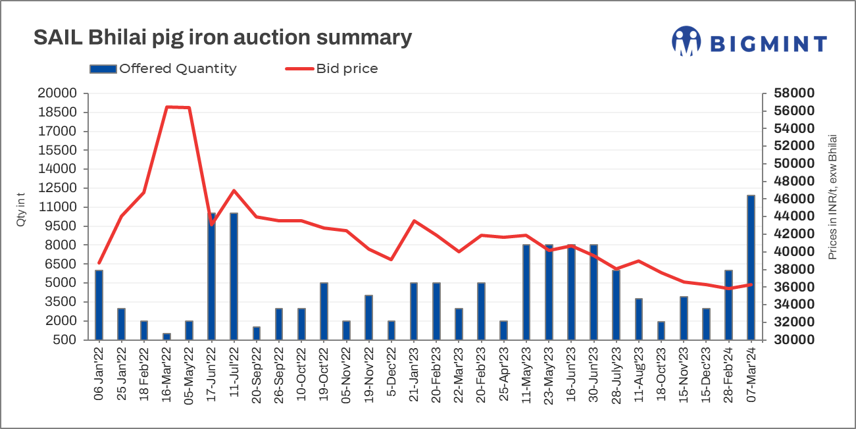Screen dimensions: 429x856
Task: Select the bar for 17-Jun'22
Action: tap(212, 276)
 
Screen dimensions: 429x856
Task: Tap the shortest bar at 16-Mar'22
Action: tap(166, 337)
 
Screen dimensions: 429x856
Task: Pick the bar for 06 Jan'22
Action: tap(99, 305)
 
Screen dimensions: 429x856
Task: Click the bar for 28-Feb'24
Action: tap(728, 305)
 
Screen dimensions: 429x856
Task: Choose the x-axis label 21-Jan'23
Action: tap(414, 375)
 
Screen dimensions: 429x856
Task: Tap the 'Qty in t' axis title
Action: tap(20, 211)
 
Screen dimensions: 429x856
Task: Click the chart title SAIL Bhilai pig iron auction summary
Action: tap(222, 38)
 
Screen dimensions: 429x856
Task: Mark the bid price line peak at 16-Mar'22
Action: tap(167, 107)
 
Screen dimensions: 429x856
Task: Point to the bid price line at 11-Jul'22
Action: tap(234, 190)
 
